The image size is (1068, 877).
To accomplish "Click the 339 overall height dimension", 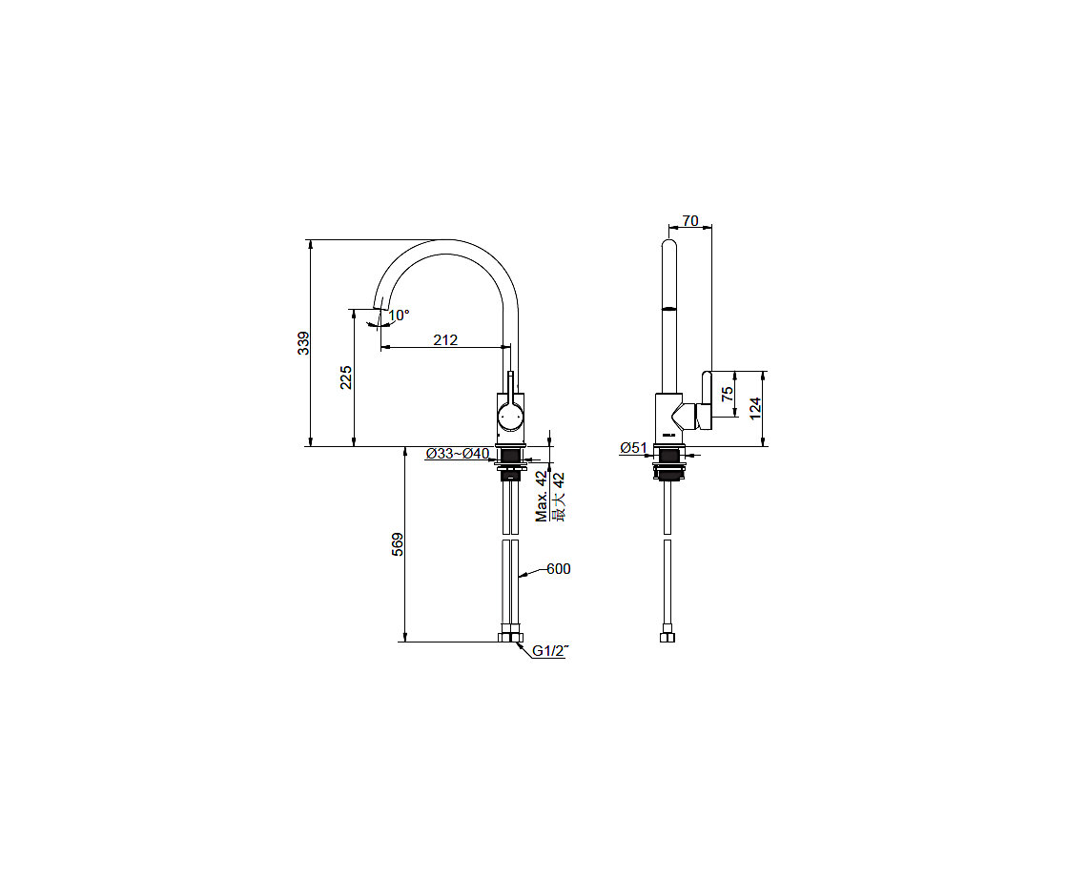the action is (x=304, y=342).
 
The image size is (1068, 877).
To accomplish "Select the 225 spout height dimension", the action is (x=346, y=377).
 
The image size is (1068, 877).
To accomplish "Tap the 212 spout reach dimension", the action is (x=445, y=339).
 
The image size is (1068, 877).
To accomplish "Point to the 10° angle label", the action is (x=399, y=316).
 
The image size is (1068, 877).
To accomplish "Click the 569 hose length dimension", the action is (x=398, y=544).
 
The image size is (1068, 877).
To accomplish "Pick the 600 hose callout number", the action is (x=559, y=568).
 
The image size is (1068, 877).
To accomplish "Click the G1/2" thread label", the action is (x=550, y=651).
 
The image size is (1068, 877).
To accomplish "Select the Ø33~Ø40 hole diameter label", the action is (x=458, y=454).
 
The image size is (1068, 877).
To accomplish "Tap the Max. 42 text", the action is (x=543, y=497).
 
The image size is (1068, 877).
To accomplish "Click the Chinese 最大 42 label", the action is (x=559, y=497).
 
